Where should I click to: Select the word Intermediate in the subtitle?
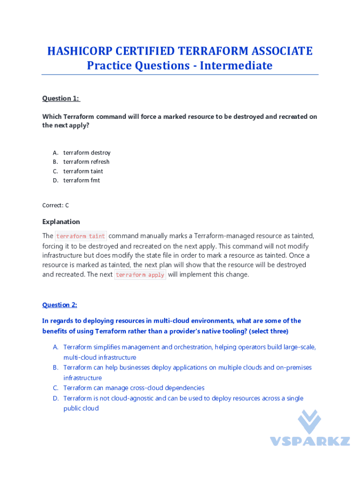point(236,65)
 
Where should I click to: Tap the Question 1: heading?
point(61,98)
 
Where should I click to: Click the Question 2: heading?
point(60,305)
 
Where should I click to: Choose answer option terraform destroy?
point(87,152)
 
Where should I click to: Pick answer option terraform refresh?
point(86,162)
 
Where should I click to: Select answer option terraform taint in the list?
point(83,171)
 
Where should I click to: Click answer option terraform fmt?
point(82,181)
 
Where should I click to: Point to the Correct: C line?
point(56,205)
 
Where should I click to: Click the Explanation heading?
point(61,222)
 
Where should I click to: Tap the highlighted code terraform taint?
point(81,236)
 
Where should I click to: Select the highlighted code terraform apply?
point(140,275)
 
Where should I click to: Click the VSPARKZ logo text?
point(310,441)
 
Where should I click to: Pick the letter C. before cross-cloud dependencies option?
point(55,388)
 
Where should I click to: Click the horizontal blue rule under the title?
point(180,75)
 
